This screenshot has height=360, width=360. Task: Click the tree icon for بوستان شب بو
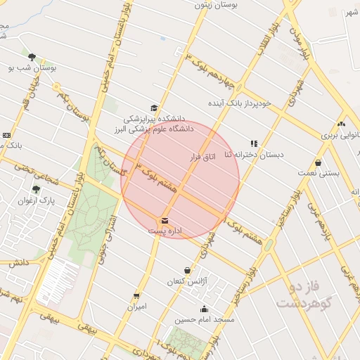32,57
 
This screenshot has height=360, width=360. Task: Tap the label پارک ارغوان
37,200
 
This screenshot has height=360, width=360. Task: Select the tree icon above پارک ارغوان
37,188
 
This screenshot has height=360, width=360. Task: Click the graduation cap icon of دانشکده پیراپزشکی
154,108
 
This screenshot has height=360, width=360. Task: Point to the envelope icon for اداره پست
165,221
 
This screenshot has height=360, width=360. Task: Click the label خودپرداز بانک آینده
239,104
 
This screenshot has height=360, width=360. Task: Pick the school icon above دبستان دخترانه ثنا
254,143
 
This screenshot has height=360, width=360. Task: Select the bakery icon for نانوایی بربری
341,123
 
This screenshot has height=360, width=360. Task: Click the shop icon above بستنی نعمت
319,162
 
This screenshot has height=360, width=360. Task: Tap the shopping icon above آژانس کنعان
187,271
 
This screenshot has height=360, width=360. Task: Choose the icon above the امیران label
136,296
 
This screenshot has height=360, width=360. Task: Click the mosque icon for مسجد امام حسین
205,309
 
